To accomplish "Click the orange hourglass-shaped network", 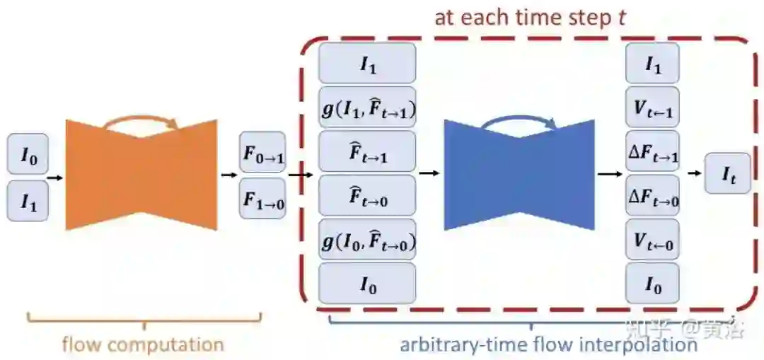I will coord(141,175).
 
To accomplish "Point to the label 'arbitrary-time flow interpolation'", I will coord(548,345).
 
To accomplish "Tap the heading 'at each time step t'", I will coord(530,17).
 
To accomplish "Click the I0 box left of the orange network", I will coord(28,153).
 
